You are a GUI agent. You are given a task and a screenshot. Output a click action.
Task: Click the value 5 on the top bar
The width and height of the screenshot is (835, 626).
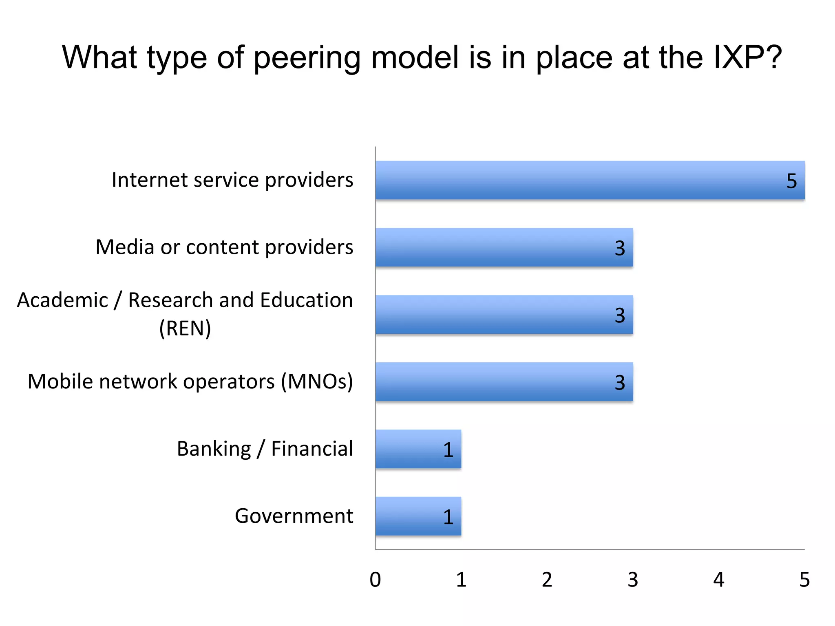791,181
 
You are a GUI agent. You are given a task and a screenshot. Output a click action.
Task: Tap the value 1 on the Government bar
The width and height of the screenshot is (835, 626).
448,517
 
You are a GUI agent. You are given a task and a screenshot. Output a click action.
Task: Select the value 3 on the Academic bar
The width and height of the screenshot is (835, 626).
620,315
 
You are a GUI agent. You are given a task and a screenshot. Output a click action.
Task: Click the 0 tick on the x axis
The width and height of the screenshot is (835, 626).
375,580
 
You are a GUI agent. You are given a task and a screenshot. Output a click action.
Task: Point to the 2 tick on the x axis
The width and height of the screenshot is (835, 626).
547,580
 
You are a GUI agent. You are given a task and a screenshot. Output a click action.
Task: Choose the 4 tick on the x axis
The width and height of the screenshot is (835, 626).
718,580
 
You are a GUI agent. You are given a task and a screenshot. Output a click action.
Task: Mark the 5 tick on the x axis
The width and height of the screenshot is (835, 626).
804,580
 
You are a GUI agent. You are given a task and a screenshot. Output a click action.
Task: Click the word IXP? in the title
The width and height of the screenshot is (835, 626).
747,57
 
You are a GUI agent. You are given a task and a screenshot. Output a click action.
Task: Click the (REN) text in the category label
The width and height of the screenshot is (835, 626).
185,328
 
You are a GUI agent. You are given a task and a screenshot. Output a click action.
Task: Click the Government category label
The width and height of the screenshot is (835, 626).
294,516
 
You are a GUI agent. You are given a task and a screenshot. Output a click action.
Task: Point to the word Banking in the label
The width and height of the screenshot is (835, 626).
214,449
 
